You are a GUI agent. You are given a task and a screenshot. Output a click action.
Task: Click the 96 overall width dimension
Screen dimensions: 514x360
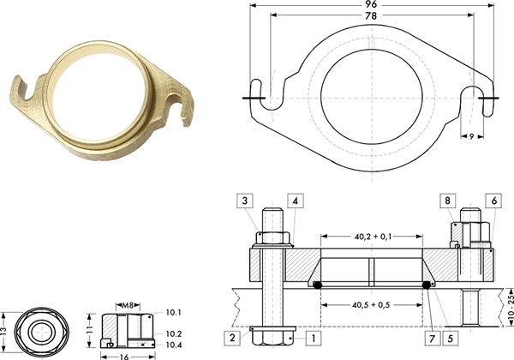(x=372, y=4)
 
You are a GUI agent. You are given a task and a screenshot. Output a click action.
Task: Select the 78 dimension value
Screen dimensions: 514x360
(x=372, y=15)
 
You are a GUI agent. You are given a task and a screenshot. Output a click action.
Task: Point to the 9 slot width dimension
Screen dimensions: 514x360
(x=472, y=136)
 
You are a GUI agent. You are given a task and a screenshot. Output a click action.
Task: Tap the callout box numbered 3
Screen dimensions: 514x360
(x=245, y=201)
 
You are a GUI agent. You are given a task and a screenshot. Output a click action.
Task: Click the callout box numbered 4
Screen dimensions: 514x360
(x=296, y=201)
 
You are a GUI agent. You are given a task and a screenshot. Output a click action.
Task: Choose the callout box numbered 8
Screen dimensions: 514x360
(x=448, y=201)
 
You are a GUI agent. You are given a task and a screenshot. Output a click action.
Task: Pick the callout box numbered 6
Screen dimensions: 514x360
(x=493, y=201)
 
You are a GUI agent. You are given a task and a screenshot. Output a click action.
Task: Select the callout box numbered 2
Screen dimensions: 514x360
(x=232, y=338)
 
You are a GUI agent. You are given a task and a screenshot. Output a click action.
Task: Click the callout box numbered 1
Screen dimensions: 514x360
(x=314, y=338)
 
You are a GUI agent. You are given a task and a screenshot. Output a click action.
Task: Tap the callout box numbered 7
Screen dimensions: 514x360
(x=433, y=338)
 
